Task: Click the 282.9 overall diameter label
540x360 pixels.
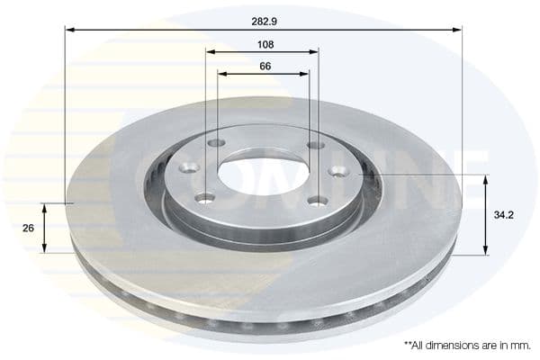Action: coord(264,18)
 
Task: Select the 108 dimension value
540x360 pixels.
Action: coord(264,44)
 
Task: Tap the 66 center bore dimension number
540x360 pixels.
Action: coord(264,66)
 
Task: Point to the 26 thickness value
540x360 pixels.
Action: coord(28,229)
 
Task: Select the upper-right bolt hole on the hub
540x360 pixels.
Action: coord(315,144)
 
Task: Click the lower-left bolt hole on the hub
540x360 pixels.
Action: coord(206,198)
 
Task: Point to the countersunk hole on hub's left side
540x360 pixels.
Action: coord(188,167)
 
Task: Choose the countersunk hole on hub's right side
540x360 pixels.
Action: coord(337,171)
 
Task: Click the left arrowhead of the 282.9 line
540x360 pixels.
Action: coord(69,30)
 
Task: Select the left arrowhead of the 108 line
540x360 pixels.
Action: coord(210,51)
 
